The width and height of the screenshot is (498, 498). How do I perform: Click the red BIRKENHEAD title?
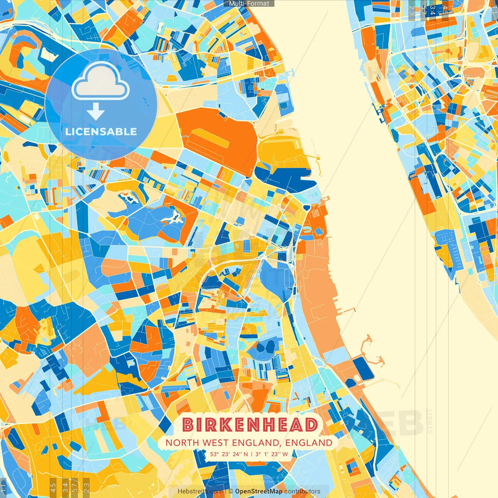249,425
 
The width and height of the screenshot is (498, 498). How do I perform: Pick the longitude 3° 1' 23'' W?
272,454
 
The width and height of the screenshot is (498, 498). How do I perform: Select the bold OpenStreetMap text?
259,491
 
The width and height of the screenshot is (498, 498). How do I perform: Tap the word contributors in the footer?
302,491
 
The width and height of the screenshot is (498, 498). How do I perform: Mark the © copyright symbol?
231,491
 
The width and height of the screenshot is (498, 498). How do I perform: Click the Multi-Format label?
249,4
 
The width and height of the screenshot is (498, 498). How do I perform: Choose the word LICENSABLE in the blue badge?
101,132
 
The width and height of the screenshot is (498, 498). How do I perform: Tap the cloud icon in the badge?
101,81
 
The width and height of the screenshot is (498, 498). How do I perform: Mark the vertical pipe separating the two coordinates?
251,454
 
